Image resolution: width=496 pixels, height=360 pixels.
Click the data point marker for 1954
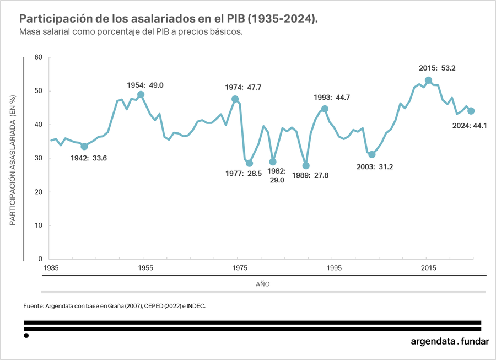[x=141, y=94]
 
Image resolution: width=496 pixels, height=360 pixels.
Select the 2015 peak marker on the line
[x=428, y=80]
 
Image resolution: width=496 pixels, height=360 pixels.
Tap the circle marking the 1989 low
[x=306, y=165]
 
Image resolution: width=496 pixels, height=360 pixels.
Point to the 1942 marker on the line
[x=84, y=146]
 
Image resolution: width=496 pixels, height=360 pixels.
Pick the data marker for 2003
[x=372, y=154]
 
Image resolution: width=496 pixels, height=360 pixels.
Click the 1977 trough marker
[x=249, y=163]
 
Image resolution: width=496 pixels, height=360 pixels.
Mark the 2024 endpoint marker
[x=471, y=111]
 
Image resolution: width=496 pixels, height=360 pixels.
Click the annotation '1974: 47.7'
[x=243, y=87]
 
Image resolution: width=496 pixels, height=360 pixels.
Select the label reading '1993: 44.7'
[x=332, y=98]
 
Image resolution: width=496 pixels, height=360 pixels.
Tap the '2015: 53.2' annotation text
[x=437, y=68]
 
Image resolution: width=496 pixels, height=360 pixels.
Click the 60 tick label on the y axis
[x=38, y=57]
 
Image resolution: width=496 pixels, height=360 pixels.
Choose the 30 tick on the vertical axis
[x=38, y=158]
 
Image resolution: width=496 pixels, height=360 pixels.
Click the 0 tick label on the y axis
[x=40, y=259]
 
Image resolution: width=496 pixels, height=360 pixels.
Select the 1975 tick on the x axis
[x=239, y=268]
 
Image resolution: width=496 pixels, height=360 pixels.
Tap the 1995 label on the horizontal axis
[x=334, y=268]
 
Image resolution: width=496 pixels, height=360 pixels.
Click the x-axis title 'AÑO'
[x=263, y=284]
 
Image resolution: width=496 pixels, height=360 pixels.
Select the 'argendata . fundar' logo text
[x=450, y=341]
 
